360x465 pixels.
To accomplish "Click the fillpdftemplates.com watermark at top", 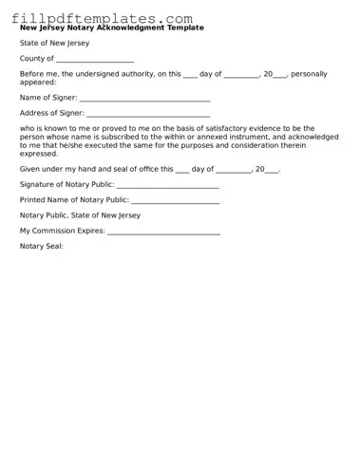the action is point(102,18).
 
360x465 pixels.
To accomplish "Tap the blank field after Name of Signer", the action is point(144,98).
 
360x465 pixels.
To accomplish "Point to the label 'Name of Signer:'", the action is point(48,98).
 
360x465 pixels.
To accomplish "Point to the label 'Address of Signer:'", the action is point(52,113).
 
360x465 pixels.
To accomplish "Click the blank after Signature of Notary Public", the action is point(167,184).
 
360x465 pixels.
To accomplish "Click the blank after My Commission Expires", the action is point(163,231).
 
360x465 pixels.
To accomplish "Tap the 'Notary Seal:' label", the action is point(42,246).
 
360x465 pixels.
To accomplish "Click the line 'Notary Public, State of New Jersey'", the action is point(80,215).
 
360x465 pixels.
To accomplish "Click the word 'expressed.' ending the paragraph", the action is point(39,153).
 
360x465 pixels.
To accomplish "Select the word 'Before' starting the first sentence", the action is point(31,74).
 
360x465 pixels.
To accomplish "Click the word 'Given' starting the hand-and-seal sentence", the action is point(30,169).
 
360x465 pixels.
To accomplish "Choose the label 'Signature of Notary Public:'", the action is point(67,184).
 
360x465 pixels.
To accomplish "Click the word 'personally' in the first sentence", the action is point(309,74).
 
